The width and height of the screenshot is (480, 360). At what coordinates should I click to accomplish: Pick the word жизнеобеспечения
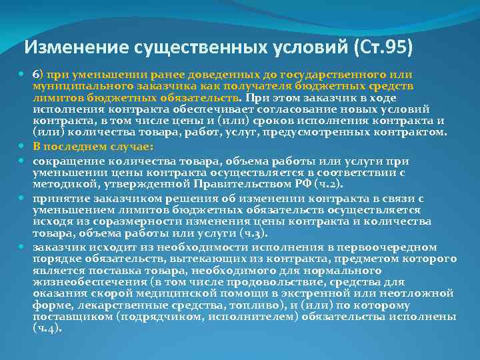pyautogui.click(x=89, y=282)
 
